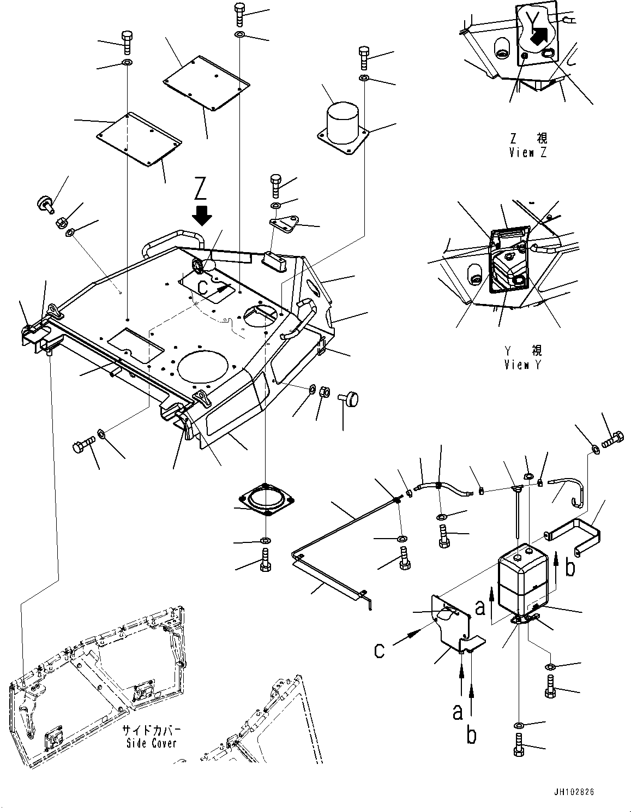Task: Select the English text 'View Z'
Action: pyautogui.click(x=527, y=153)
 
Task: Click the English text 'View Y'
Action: pyautogui.click(x=523, y=365)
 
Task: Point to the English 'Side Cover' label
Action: pyautogui.click(x=151, y=743)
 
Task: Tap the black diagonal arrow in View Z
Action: pyautogui.click(x=539, y=37)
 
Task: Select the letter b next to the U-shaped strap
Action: pyautogui.click(x=570, y=568)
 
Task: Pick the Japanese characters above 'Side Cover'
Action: pyautogui.click(x=151, y=730)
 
